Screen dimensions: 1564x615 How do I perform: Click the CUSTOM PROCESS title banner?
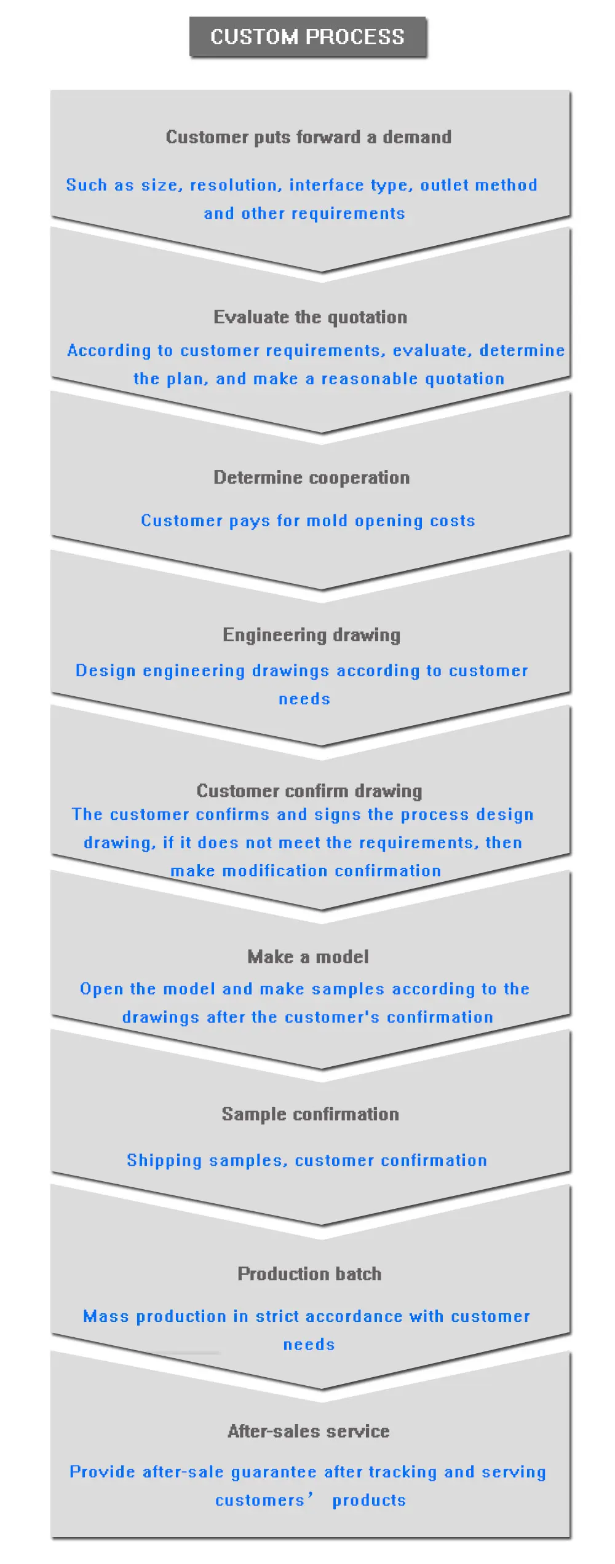coord(307,37)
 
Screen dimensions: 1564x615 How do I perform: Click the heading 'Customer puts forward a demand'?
coord(308,137)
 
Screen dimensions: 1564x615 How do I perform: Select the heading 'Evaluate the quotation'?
coord(310,317)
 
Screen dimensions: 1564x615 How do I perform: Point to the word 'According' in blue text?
coord(109,350)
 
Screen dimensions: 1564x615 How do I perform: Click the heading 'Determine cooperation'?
coord(311,477)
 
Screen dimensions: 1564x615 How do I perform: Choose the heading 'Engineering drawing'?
coord(311,635)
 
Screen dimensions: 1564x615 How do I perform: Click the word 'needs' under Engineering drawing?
coord(304,699)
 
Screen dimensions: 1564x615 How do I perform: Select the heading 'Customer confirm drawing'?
coord(309,791)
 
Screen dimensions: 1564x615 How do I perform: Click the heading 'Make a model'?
coord(308,957)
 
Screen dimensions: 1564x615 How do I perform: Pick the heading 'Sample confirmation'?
coord(310,1114)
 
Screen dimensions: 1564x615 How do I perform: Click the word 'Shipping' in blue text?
coord(164,1160)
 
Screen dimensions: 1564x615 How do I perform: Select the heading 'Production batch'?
coord(309,1274)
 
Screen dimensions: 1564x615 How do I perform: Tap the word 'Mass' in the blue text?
coord(106,1317)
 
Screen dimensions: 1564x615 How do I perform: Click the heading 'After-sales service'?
coord(309,1431)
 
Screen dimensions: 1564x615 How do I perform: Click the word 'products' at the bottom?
coord(369,1501)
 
